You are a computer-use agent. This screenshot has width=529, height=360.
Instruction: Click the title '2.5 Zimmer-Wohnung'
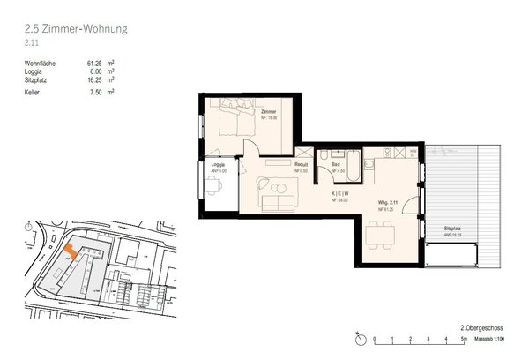(77, 29)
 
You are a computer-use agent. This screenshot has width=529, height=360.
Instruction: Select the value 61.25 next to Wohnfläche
(95, 64)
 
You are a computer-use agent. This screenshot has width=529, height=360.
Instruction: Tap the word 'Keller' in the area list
(34, 91)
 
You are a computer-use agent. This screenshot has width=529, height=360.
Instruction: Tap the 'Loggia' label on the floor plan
(217, 166)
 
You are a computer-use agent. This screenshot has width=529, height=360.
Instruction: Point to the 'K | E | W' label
(339, 194)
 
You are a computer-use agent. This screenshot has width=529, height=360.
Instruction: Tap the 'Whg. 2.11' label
(378, 204)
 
